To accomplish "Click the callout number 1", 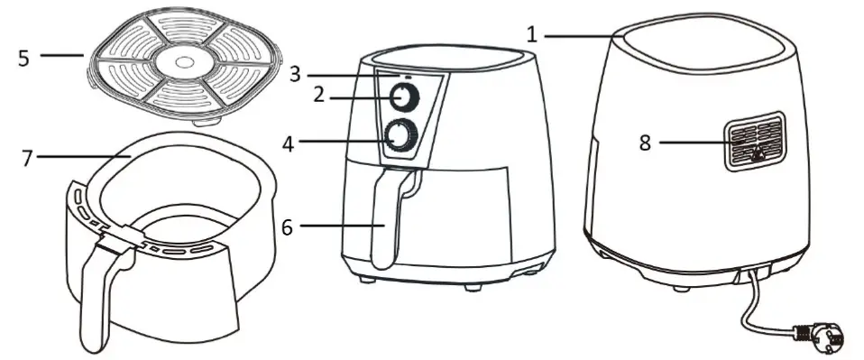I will (532, 34).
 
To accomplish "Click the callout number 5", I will (23, 57).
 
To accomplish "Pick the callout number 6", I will (287, 226).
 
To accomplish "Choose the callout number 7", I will (25, 157).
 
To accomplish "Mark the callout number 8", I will (645, 142).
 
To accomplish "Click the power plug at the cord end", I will (823, 337).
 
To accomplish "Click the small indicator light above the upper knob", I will (408, 77).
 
